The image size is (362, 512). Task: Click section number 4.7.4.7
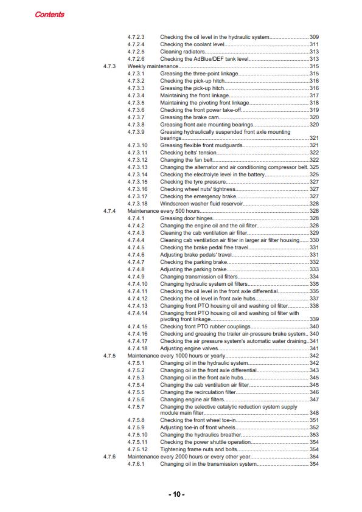tap(136, 262)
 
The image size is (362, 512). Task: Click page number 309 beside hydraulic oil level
tap(314, 36)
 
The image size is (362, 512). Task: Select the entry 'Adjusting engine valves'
tap(192, 348)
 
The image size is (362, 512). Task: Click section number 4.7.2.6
tap(136, 58)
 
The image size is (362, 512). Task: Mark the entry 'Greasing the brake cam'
tap(190, 117)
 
